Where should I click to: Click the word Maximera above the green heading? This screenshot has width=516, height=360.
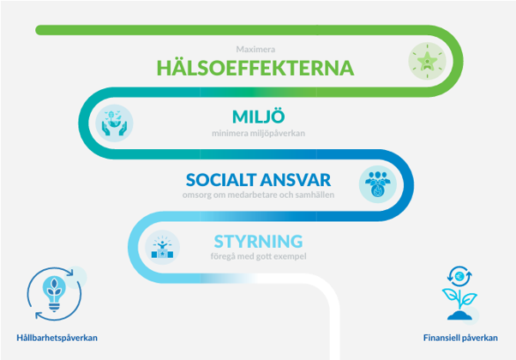point(255,50)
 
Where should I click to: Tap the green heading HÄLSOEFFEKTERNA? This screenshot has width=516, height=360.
point(255,68)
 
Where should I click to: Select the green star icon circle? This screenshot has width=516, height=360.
point(427,61)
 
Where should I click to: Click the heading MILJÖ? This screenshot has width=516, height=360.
point(258,117)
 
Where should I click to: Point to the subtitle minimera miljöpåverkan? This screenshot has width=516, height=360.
point(258,133)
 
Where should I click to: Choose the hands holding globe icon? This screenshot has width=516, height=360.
point(114,123)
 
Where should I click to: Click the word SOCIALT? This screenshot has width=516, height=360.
point(222,180)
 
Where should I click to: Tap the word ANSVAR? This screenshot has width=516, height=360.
point(297,180)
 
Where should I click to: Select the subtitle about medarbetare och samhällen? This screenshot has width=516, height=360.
point(258,195)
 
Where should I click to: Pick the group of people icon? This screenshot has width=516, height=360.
point(378,184)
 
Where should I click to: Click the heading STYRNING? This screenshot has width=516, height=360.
point(258,242)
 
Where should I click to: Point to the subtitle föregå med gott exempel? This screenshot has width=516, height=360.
point(258,256)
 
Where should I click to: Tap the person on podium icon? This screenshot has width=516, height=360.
point(162,248)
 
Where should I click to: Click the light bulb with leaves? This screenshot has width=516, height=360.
point(54,293)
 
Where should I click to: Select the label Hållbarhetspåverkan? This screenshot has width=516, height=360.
point(57,338)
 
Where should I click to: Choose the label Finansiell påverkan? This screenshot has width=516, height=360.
point(460,338)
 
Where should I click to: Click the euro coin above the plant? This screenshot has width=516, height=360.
point(459,276)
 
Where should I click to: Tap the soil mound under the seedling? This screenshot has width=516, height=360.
point(459,315)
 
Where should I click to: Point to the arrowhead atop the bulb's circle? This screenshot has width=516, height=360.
point(70,273)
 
